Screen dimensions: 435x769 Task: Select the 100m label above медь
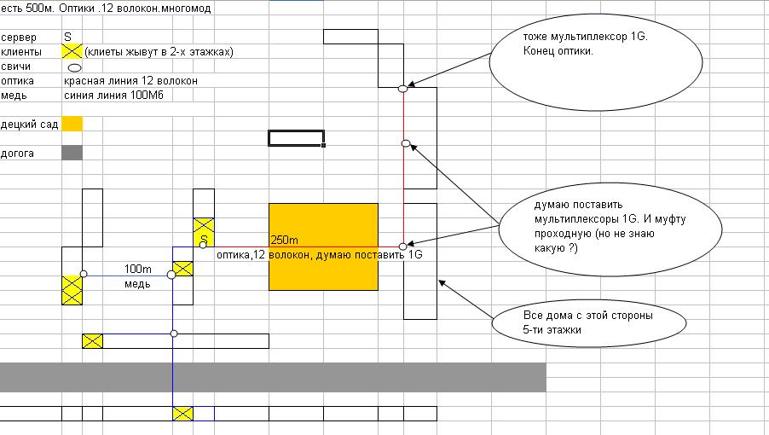(x=138, y=269)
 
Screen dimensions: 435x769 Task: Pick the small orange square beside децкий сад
(x=72, y=125)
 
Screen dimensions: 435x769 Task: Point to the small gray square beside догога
(x=72, y=153)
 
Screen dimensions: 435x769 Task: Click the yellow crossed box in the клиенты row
(x=72, y=51)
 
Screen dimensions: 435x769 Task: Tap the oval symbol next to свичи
(x=74, y=67)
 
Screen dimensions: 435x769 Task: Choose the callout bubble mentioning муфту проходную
(x=591, y=226)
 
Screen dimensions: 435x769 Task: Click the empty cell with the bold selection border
(x=296, y=138)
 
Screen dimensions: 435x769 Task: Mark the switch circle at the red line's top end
(x=403, y=88)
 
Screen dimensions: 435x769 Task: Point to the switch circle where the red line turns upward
(x=403, y=246)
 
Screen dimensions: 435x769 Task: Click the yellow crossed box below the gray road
(x=183, y=414)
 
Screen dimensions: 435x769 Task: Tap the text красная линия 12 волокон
(x=130, y=81)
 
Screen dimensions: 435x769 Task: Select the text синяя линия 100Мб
(x=113, y=95)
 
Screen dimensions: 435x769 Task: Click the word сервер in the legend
(x=19, y=38)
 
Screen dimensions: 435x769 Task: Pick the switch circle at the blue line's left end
(x=84, y=274)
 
